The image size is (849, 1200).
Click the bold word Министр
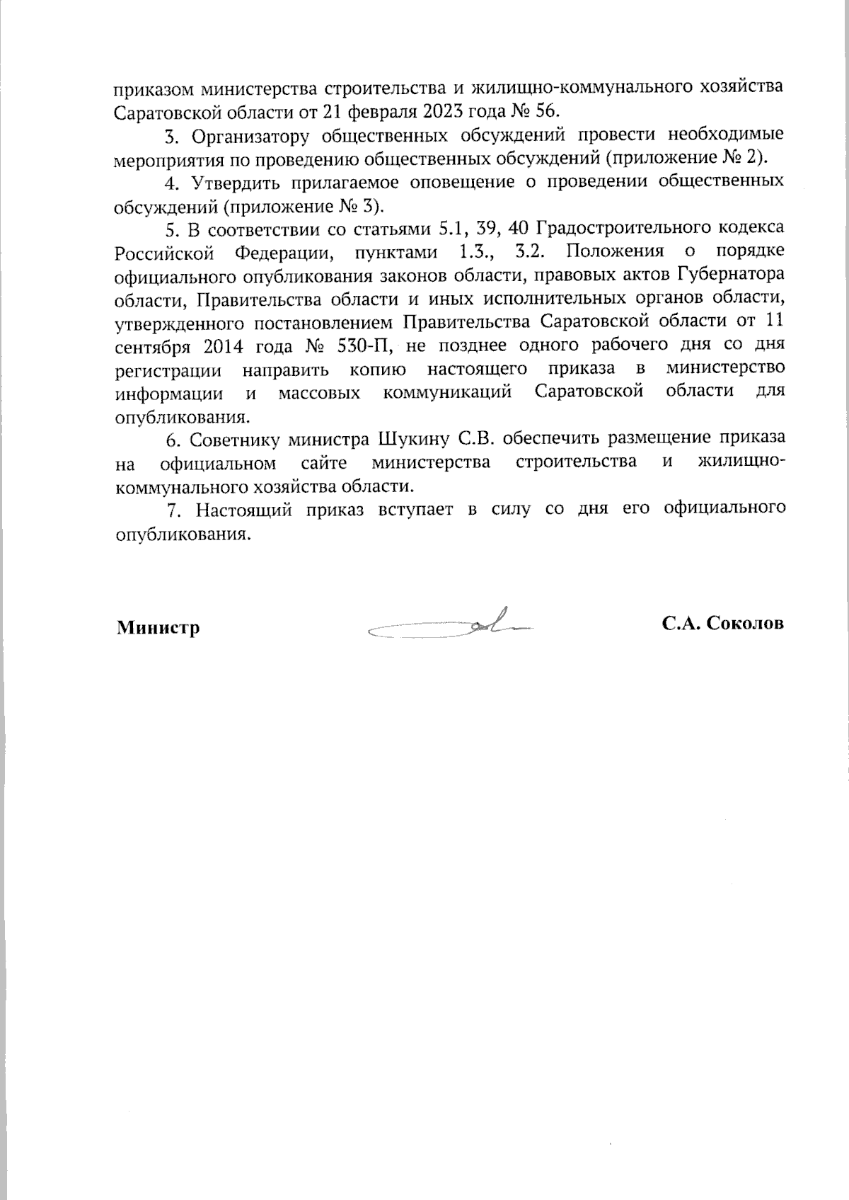(158, 627)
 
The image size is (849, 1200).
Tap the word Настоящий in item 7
(243, 510)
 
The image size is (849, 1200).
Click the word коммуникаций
(447, 393)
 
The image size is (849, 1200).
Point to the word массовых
(318, 393)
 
